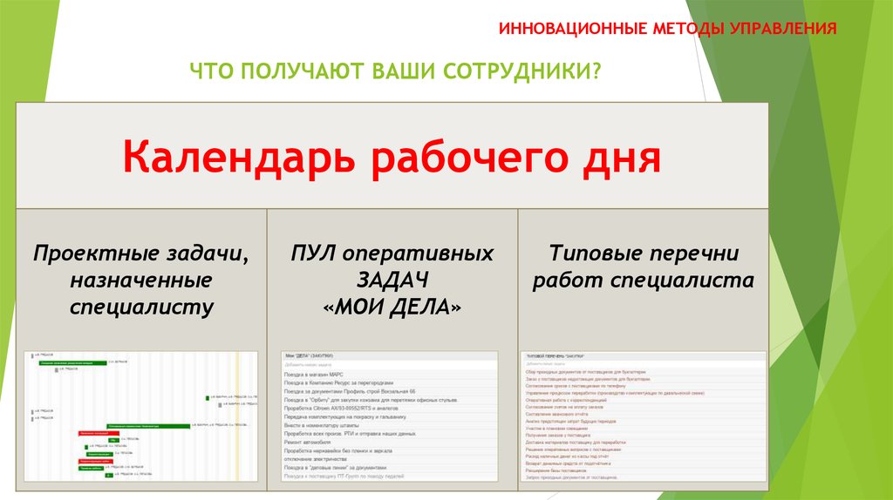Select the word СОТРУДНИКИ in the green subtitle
(x=519, y=70)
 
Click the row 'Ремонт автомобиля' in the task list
(x=310, y=442)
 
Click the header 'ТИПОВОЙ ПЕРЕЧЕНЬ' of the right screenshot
(x=555, y=356)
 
